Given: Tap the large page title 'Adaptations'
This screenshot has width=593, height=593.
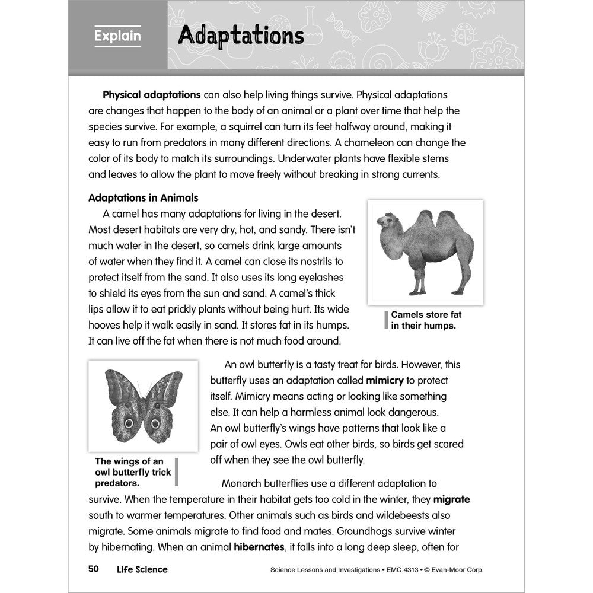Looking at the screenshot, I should pos(241,36).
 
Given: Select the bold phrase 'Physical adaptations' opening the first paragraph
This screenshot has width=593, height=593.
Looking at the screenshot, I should pos(152,95).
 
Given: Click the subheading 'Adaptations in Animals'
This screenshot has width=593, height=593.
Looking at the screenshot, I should pos(143,197).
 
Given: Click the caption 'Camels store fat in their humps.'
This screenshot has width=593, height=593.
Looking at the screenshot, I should pos(426,320).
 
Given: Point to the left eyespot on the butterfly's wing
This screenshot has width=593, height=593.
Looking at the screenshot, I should pos(127,423).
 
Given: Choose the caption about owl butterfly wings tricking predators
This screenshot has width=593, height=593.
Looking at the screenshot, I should pos(133,472).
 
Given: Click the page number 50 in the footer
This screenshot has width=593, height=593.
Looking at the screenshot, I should pos(93,569).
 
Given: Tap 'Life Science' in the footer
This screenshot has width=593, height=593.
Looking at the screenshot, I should pos(142,569).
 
